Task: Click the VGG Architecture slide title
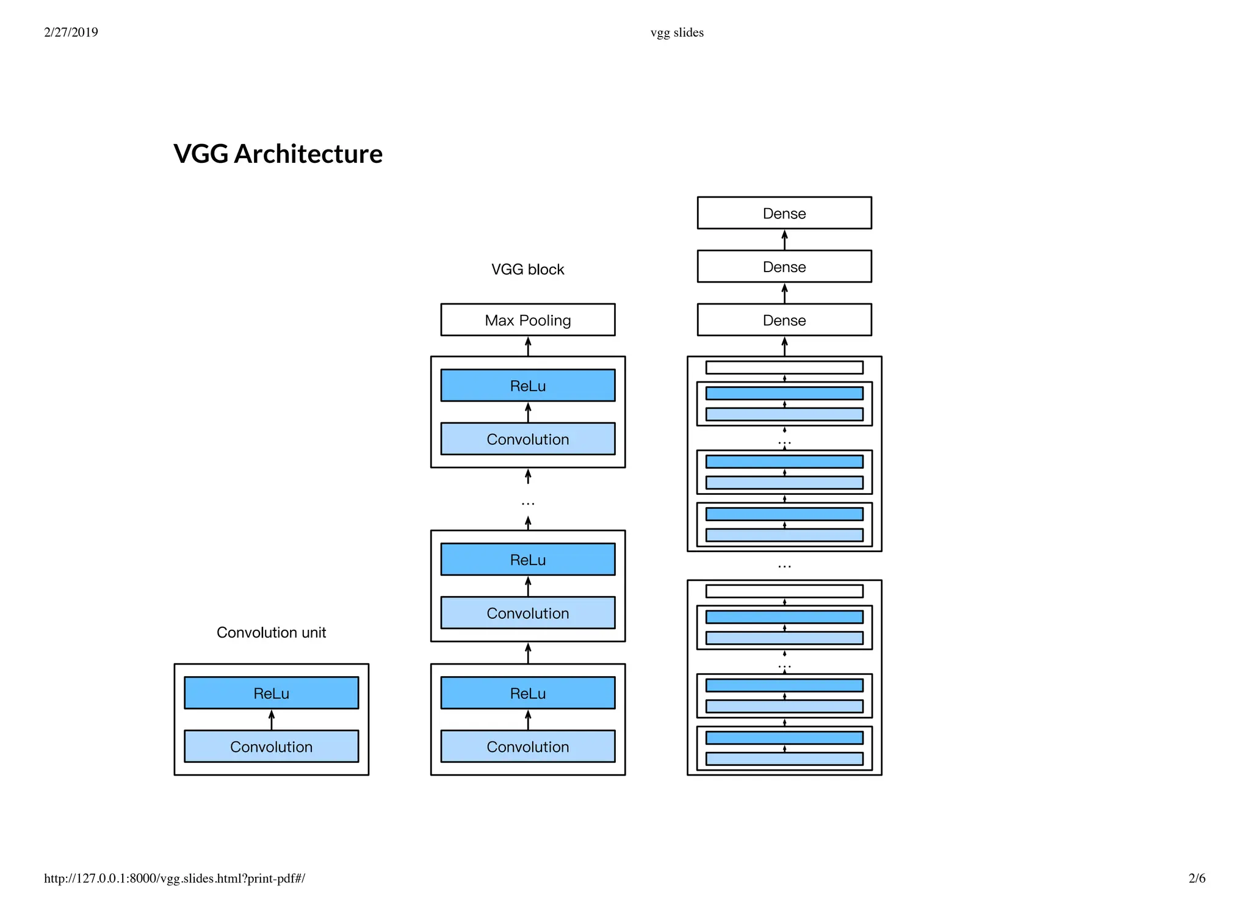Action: click(278, 154)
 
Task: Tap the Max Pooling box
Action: click(527, 320)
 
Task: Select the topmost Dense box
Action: click(784, 213)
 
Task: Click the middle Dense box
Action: click(784, 267)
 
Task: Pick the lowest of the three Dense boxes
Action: click(784, 320)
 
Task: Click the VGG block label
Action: click(527, 269)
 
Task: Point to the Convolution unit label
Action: click(271, 632)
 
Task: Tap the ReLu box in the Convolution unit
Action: click(271, 693)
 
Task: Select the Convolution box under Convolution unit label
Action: click(271, 746)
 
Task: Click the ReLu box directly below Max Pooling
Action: click(527, 385)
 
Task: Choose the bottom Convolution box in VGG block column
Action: click(527, 746)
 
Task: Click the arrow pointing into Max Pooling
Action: click(528, 346)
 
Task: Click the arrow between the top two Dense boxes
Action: click(784, 240)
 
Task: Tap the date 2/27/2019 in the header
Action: click(71, 32)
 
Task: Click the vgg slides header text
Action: click(677, 32)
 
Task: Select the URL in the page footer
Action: click(175, 878)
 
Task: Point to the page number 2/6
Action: click(1196, 878)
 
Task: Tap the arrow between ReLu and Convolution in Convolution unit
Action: click(272, 719)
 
